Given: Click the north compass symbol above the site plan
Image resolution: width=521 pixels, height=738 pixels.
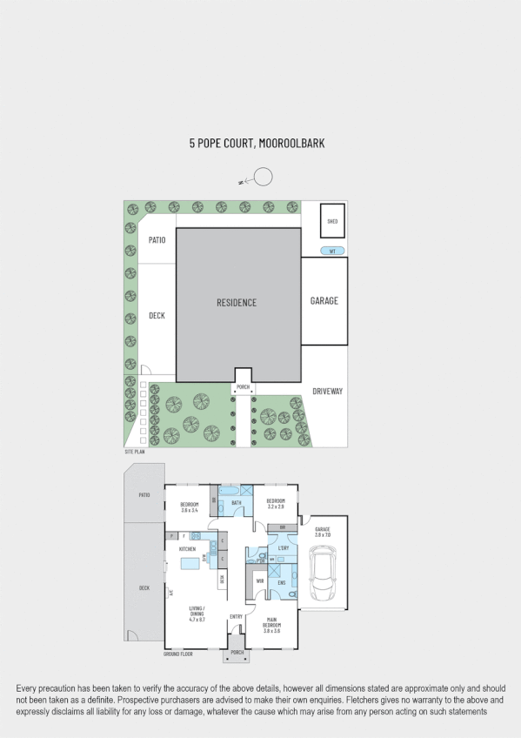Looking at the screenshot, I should (262, 178).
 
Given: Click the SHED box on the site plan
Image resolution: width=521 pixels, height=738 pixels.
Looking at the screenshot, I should (332, 221).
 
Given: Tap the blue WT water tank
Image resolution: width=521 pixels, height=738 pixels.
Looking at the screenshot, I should (331, 252).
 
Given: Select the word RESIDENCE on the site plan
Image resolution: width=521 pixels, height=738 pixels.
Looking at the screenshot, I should (237, 303).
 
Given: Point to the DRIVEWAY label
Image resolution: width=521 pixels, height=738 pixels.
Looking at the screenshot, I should (328, 392).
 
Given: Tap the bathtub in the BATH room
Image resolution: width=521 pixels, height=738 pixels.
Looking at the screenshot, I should (236, 491).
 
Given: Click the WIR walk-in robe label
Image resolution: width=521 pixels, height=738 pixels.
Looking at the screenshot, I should (259, 580).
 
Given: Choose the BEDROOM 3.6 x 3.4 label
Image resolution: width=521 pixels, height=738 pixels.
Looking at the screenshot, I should (190, 507).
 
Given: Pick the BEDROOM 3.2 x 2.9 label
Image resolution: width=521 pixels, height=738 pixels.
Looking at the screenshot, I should (276, 503).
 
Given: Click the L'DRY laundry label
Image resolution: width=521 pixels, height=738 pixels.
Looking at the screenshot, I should (283, 548).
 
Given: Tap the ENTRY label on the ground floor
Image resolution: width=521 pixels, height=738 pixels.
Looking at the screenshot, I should (236, 617).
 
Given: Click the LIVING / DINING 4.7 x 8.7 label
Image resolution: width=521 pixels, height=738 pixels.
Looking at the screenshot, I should (197, 615).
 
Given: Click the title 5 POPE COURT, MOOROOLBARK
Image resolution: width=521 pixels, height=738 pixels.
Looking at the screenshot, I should (257, 144).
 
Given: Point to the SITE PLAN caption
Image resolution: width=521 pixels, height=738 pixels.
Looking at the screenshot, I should (134, 453).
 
